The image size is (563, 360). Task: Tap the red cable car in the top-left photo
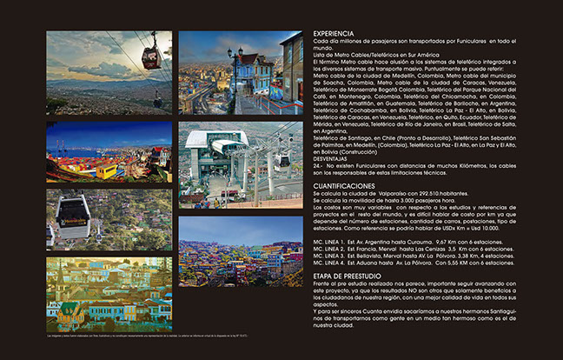click(151, 57)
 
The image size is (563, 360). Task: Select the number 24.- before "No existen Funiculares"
click(318, 164)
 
